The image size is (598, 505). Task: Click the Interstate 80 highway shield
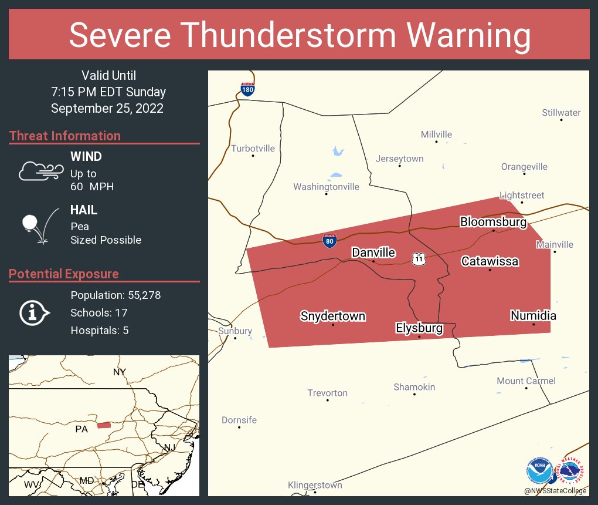[329, 241]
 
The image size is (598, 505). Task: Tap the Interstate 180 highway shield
[247, 89]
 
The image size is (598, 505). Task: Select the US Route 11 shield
[417, 259]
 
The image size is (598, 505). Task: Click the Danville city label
[373, 253]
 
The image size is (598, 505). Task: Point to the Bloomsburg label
[493, 222]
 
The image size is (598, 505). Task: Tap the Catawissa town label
[490, 261]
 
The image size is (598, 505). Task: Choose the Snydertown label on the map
[333, 316]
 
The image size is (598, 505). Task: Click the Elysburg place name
[419, 328]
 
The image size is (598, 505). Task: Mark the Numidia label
[533, 316]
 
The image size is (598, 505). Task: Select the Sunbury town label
[235, 331]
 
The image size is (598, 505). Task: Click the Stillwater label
[561, 112]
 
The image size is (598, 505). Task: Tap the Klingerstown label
[315, 485]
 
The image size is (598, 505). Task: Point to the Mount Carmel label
[526, 381]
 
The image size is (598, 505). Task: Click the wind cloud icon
[40, 171]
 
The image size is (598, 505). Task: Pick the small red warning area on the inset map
[104, 425]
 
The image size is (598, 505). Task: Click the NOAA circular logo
[539, 471]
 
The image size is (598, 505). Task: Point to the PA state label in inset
[81, 429]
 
